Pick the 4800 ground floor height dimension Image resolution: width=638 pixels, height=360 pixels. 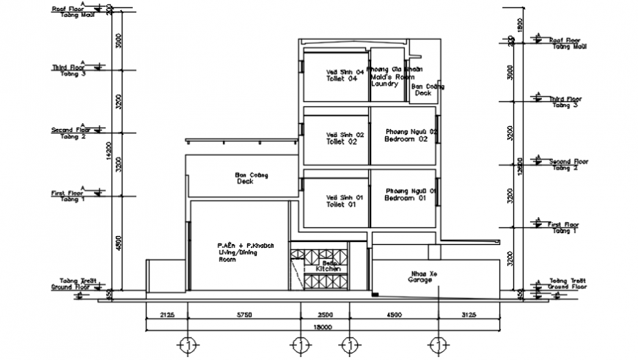click(x=117, y=243)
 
